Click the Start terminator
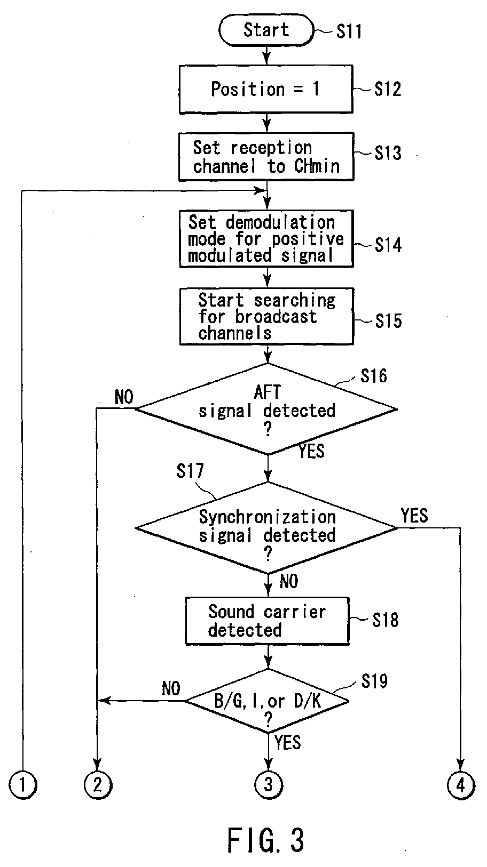[x=266, y=30]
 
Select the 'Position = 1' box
[x=266, y=89]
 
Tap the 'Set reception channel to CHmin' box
[x=266, y=157]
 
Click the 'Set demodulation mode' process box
[x=266, y=239]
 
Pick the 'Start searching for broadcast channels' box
[x=267, y=316]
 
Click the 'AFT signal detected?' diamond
[x=267, y=409]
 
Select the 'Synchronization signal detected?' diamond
[x=267, y=528]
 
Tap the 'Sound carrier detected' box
[x=267, y=621]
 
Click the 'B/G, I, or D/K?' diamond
[x=267, y=701]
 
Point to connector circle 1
[x=23, y=785]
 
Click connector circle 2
[x=98, y=785]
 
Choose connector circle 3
[x=268, y=785]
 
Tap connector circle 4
[x=461, y=785]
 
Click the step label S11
[x=349, y=31]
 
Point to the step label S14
[x=388, y=245]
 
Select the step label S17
[x=190, y=471]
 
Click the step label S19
[x=374, y=681]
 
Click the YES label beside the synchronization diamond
[x=414, y=516]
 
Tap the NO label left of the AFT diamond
[x=124, y=397]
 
